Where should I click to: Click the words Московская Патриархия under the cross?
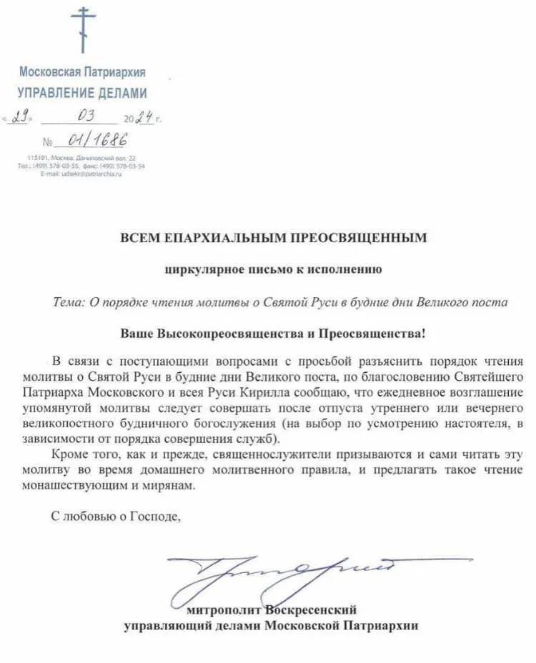point(82,72)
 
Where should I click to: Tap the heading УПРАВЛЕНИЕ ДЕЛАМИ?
point(82,93)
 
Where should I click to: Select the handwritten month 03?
point(85,116)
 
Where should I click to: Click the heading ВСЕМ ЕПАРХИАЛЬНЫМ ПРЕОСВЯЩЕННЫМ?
point(273,238)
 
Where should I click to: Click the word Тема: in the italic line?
point(69,302)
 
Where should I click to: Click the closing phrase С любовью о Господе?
point(116,516)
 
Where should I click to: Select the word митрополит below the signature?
point(224,610)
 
